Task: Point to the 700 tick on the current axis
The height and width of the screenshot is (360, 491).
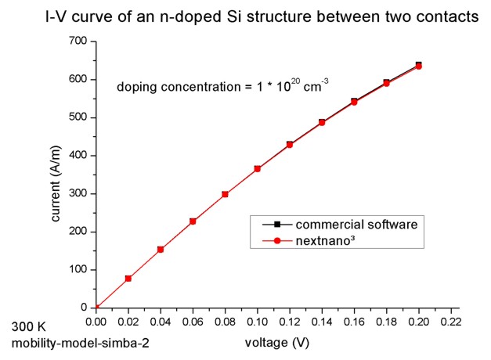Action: [78, 41]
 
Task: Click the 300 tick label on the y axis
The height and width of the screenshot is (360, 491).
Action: [78, 193]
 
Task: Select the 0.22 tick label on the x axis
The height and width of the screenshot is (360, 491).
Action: [450, 321]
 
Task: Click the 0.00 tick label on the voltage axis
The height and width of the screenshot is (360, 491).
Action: [96, 321]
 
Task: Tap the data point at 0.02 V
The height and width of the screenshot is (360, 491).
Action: [128, 279]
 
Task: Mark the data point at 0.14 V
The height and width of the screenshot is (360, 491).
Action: [322, 122]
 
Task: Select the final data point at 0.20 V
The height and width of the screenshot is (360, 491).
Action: [418, 66]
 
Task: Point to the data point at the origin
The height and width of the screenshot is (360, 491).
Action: [96, 308]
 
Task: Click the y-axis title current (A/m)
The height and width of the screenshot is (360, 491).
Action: [57, 175]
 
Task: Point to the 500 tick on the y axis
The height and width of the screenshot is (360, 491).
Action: [78, 117]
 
